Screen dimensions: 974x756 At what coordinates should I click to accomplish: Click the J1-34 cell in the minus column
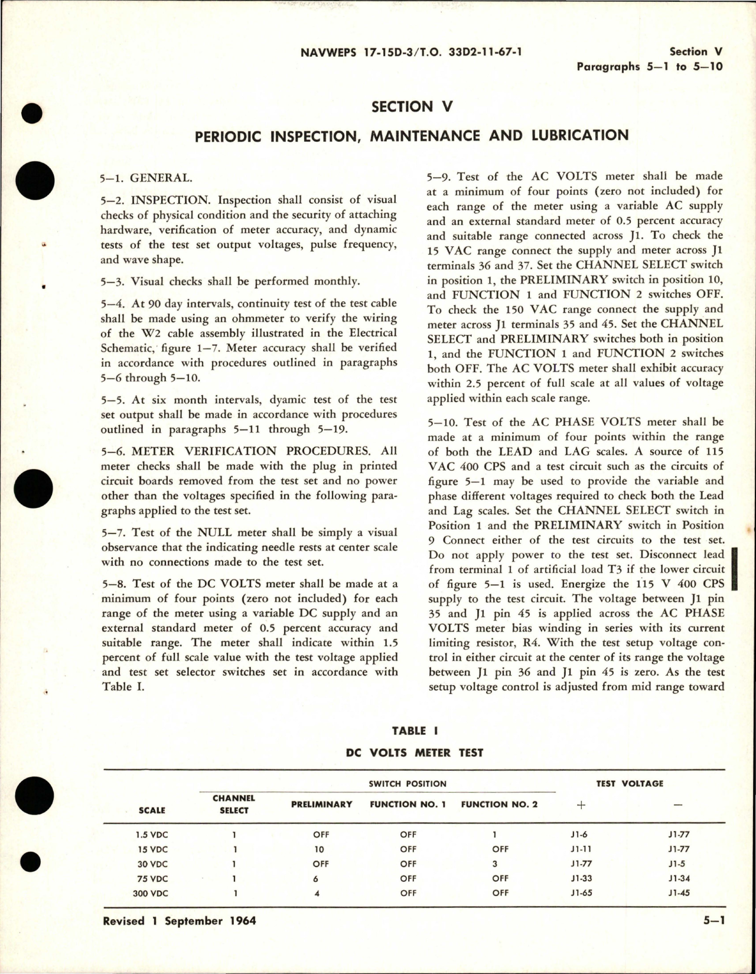[676, 878]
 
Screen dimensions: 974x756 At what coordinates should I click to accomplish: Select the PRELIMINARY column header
[322, 804]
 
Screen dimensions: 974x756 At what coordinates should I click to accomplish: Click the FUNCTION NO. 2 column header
[499, 804]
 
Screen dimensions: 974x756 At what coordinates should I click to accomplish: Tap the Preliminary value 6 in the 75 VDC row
[317, 878]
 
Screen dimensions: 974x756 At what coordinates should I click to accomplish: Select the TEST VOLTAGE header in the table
[629, 783]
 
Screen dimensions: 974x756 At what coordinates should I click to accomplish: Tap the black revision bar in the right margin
[735, 569]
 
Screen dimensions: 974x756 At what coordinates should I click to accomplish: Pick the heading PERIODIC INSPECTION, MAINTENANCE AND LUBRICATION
[412, 135]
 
